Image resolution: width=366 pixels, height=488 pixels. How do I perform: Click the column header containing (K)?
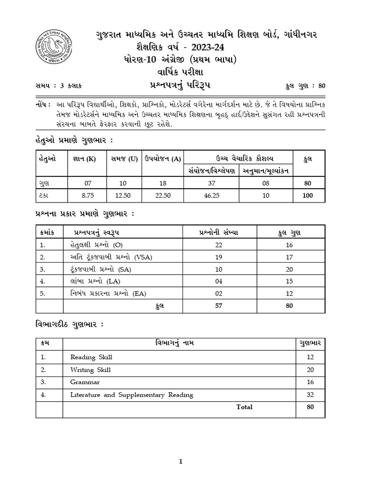click(88, 158)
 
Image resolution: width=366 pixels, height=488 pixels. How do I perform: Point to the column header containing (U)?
click(122, 158)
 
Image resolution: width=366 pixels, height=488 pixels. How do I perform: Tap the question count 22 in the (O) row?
click(219, 244)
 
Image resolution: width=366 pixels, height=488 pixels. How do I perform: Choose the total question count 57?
click(219, 306)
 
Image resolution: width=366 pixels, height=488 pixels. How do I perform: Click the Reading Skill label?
click(91, 357)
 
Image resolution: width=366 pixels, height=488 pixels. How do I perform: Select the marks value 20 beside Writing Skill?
click(310, 369)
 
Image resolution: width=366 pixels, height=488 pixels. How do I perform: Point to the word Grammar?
click(85, 382)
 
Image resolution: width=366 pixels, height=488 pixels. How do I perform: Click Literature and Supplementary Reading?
click(132, 395)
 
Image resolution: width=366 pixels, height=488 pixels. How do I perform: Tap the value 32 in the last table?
click(310, 395)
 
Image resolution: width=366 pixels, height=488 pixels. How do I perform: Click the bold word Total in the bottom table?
click(244, 407)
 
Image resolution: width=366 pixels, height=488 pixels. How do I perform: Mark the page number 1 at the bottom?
click(181, 461)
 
